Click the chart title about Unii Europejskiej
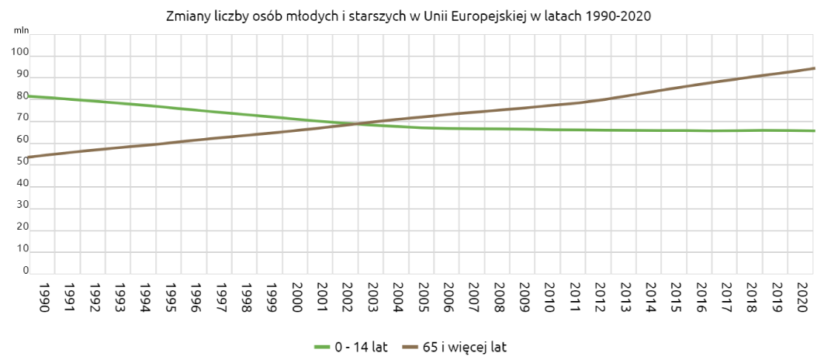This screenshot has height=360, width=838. (408, 16)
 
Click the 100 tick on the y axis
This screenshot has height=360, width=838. (19, 53)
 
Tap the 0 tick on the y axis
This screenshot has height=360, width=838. (25, 271)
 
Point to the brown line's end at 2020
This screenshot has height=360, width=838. (813, 68)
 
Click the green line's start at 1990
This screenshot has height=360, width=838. (29, 96)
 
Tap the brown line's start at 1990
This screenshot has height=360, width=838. (29, 157)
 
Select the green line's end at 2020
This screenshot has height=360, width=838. (813, 130)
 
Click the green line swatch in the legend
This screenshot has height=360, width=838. (322, 347)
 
